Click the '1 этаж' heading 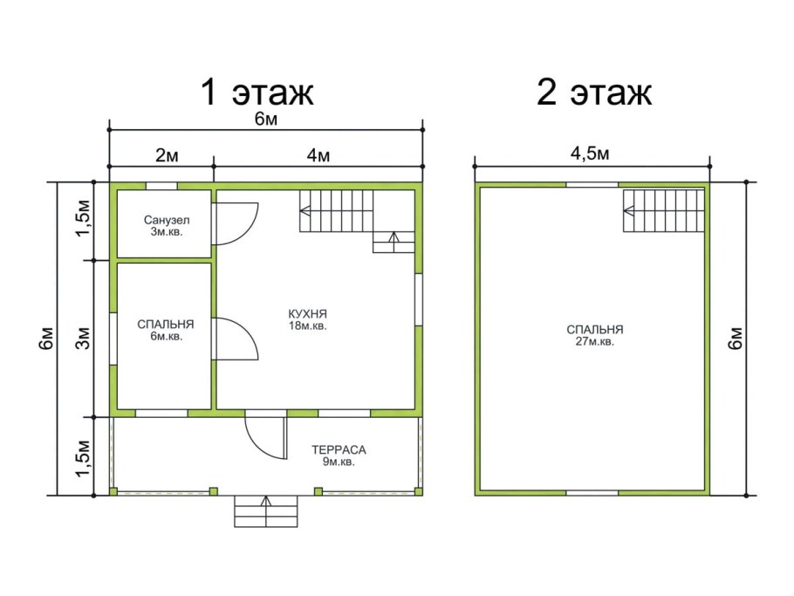tap(257, 92)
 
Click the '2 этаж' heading tap(594, 92)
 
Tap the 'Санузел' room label tap(167, 220)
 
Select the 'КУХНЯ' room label tap(308, 314)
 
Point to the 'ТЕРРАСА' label tap(339, 449)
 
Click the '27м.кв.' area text tap(595, 342)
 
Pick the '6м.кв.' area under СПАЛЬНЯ tap(166, 336)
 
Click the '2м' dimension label tap(167, 155)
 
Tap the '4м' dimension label tap(318, 155)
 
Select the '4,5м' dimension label tap(590, 153)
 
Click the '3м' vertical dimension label tap(84, 338)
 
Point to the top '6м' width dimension tap(266, 119)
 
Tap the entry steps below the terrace tap(266, 511)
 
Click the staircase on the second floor tap(663, 210)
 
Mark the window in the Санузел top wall tap(161, 186)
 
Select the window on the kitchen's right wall tap(418, 299)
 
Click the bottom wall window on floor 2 tap(592, 492)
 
